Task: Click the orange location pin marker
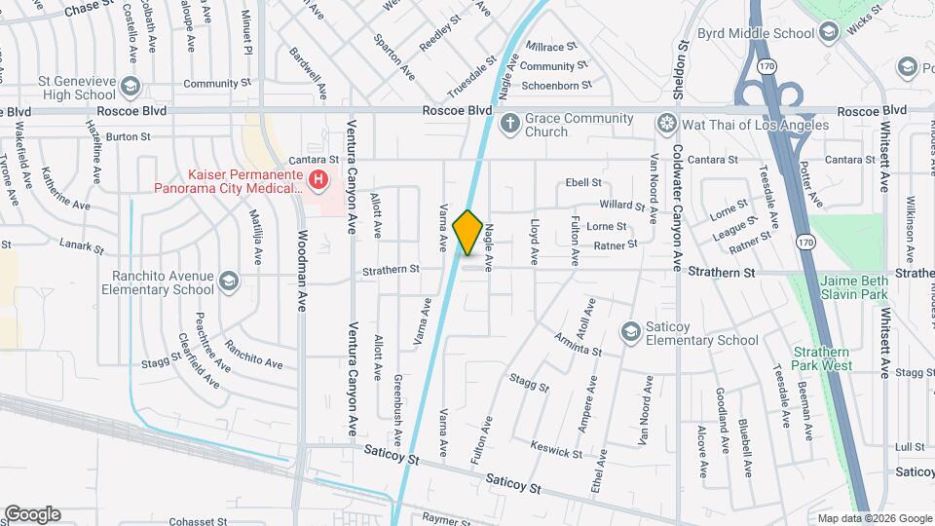(x=468, y=233)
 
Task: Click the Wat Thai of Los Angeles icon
(x=666, y=124)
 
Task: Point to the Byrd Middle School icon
(x=829, y=33)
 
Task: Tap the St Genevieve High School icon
(x=130, y=89)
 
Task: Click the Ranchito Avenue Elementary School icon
(x=228, y=282)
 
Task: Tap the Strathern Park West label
(x=823, y=358)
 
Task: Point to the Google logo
(x=32, y=513)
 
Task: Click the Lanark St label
(x=81, y=245)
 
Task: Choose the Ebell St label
(x=583, y=182)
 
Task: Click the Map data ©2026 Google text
(x=875, y=518)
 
